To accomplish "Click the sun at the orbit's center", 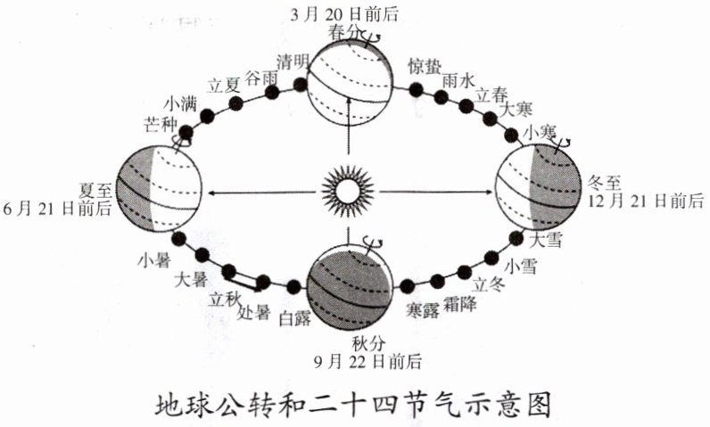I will [x=346, y=190].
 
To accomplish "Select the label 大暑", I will [x=194, y=277].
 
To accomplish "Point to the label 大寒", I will [x=516, y=110].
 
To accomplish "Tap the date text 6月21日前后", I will [x=58, y=208].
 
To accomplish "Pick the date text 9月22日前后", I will [x=367, y=362].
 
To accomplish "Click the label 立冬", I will [x=488, y=284].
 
